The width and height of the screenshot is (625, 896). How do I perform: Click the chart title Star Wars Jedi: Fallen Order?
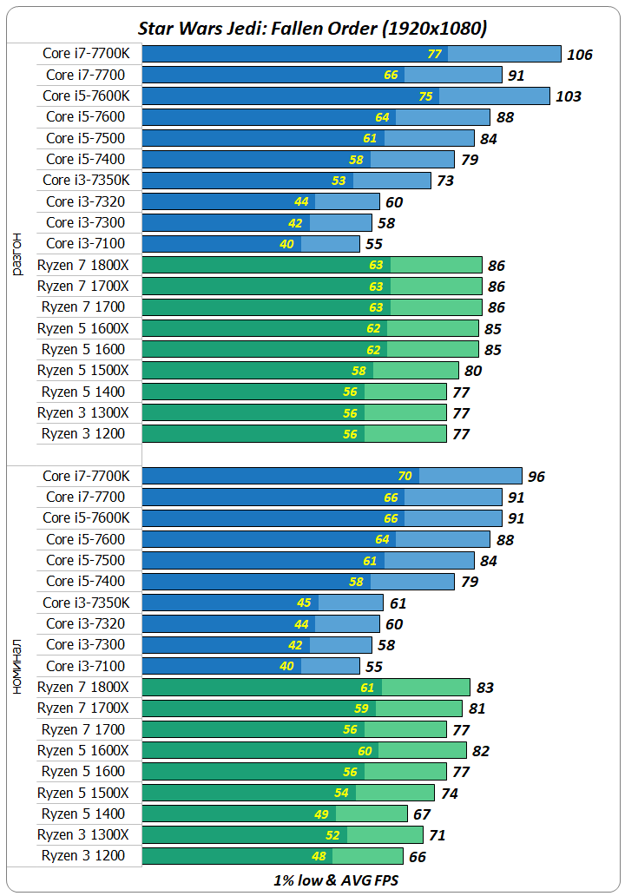pyautogui.click(x=312, y=28)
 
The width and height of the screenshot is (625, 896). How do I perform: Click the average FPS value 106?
pyautogui.click(x=579, y=55)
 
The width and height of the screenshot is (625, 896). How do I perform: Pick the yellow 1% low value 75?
pyautogui.click(x=425, y=96)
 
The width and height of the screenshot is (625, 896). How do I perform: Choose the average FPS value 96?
pyautogui.click(x=536, y=477)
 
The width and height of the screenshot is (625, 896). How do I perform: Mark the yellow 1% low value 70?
pyautogui.click(x=405, y=476)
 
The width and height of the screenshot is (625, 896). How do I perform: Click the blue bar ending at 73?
pyautogui.click(x=286, y=181)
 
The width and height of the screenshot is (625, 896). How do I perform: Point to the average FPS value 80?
pyautogui.click(x=473, y=371)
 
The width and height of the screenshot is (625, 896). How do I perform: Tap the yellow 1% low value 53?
pyautogui.click(x=339, y=181)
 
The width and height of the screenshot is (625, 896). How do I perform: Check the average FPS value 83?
pyautogui.click(x=484, y=688)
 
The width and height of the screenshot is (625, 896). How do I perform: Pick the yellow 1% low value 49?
pyautogui.click(x=322, y=814)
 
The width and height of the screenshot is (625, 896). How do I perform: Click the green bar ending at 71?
pyautogui.click(x=282, y=835)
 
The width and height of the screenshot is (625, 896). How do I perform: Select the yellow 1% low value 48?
pyautogui.click(x=318, y=856)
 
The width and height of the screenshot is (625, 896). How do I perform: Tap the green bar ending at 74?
pyautogui.click(x=287, y=793)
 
